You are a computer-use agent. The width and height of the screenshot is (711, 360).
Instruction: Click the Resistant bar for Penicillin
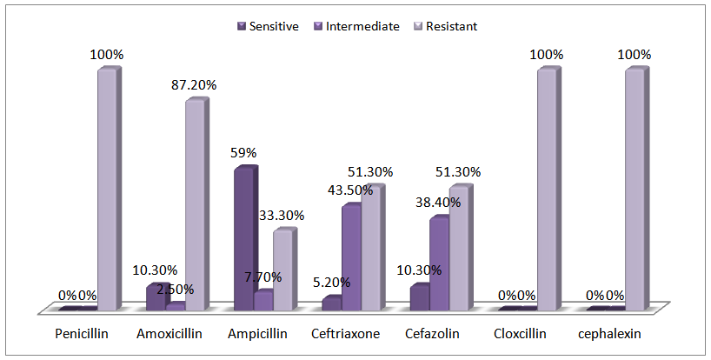point(106,190)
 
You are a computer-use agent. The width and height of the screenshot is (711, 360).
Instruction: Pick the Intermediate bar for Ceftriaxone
point(350,257)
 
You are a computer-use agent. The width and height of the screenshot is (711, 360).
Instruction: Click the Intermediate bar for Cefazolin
point(439,263)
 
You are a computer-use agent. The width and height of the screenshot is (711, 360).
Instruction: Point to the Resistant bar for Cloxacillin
point(546,190)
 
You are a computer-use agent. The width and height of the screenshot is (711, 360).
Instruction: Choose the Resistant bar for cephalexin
point(634,190)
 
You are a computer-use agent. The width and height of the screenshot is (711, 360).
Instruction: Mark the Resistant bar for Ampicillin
point(282,270)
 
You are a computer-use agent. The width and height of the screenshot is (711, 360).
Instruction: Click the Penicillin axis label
point(81,334)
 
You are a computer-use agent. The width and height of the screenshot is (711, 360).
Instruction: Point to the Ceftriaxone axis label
point(345,334)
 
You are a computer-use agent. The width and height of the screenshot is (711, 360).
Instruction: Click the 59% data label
point(243,152)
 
